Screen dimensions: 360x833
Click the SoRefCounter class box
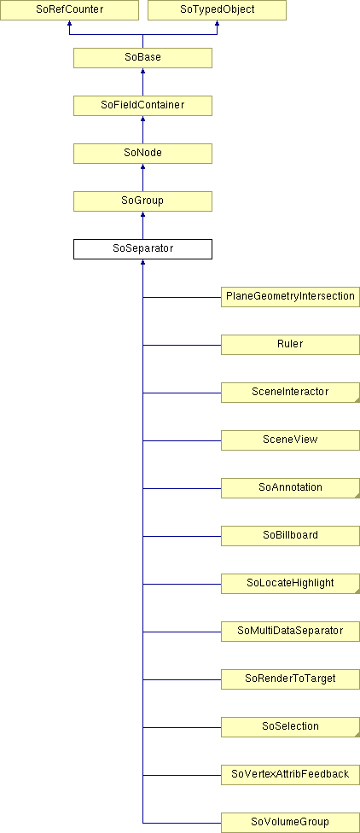click(69, 10)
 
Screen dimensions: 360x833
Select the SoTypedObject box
click(217, 10)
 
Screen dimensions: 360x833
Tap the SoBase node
click(142, 58)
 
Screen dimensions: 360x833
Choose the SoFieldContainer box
click(142, 106)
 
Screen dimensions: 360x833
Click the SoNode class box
click(142, 154)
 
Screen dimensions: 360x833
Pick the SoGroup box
click(142, 201)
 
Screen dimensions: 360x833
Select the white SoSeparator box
click(142, 249)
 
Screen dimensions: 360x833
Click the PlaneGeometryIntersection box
click(290, 297)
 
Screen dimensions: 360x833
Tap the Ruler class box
click(290, 345)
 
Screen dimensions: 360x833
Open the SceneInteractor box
click(290, 393)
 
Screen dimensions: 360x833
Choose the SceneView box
click(290, 440)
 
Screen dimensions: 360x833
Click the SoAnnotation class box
click(290, 488)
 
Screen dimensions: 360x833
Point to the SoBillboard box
click(290, 536)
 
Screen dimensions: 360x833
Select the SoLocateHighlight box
click(290, 584)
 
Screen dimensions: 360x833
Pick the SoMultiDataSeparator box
click(290, 632)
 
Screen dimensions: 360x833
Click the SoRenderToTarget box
click(290, 679)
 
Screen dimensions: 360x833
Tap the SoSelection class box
click(290, 727)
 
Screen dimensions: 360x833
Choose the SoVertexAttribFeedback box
click(290, 775)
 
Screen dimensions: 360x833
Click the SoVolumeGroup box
click(290, 823)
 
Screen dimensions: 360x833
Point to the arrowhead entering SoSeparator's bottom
click(142, 262)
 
